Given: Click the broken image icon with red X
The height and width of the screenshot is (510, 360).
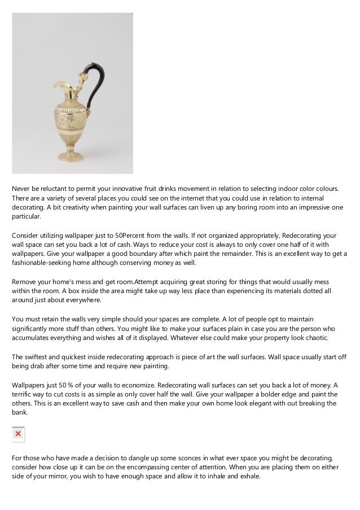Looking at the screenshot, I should pos(18,434).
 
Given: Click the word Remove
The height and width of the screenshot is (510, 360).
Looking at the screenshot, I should pos(24,281).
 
